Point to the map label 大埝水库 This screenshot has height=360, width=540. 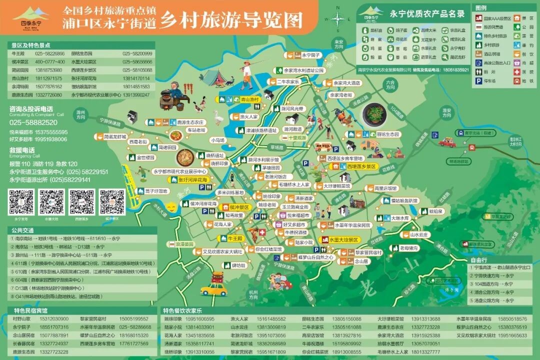point(400,218)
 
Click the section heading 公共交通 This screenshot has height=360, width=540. point(22,230)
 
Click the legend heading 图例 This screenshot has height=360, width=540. point(481,8)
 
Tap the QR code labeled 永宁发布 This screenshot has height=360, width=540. point(21,202)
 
